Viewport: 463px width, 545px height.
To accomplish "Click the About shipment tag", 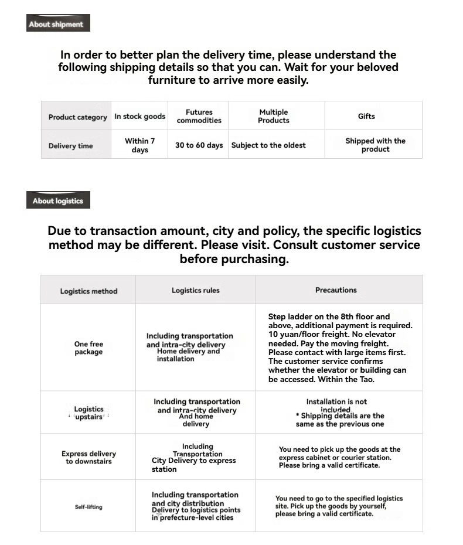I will point(57,24).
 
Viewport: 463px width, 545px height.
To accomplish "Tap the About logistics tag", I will point(57,201).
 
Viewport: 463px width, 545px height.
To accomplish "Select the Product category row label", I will point(77,117).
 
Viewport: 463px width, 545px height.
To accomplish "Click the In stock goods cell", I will point(139,117).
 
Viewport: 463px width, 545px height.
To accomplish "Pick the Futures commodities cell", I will point(199,116).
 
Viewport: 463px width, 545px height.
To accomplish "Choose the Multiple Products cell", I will point(274,116).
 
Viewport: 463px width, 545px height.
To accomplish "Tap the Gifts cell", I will point(366,117).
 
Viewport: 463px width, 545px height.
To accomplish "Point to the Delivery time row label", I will point(70,146).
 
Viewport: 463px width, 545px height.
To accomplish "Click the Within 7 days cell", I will point(139,145).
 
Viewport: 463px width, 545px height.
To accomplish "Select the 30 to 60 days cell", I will point(199,145).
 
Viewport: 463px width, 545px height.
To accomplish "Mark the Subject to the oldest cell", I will point(268,145).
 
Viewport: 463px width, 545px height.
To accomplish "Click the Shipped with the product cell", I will point(375,145).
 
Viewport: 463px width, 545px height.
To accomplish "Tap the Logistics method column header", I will point(88,291).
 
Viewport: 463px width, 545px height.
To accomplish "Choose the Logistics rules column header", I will point(195,291).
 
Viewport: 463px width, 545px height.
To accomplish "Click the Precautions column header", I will point(336,290).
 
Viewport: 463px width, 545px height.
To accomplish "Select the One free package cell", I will point(88,348).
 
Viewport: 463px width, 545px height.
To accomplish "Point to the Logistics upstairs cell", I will point(88,413).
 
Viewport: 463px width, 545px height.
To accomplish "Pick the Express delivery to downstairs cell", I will point(88,457).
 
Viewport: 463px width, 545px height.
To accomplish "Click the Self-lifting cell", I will point(88,507).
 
